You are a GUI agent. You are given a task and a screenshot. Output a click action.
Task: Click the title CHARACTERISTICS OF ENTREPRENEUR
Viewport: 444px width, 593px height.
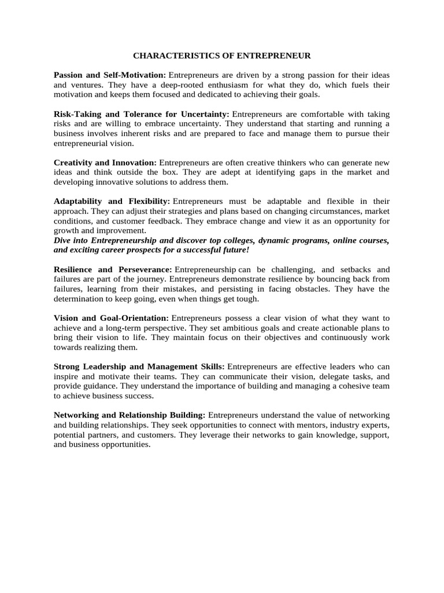(222, 56)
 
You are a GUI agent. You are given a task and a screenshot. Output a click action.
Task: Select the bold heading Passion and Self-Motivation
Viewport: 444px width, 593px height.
(110, 75)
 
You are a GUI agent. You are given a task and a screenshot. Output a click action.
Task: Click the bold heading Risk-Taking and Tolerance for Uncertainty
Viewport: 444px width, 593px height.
(142, 115)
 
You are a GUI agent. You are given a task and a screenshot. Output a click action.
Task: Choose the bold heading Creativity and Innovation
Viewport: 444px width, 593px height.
(105, 163)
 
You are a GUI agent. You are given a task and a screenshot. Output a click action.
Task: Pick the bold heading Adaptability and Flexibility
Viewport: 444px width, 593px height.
(112, 202)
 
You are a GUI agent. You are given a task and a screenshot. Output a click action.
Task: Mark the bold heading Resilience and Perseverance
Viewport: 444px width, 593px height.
(113, 270)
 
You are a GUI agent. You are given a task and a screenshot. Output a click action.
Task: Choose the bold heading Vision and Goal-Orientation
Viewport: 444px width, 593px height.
(111, 319)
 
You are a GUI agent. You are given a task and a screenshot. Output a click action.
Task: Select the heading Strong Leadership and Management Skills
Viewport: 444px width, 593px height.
(139, 367)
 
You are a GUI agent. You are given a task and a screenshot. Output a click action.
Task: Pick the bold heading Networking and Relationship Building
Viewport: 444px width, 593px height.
(129, 415)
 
